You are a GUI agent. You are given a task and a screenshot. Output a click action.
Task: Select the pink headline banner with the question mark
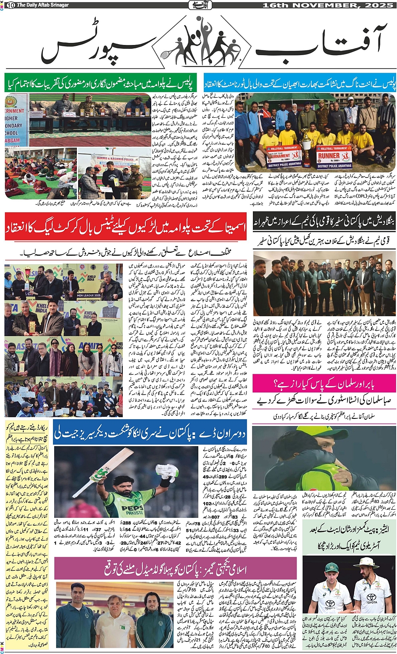(324, 383)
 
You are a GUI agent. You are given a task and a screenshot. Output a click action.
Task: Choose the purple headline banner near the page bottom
(175, 569)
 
